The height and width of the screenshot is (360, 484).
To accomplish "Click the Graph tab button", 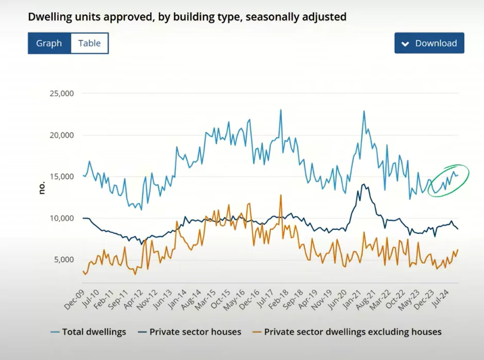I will (x=49, y=43).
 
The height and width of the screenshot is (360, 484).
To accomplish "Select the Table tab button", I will (x=89, y=43).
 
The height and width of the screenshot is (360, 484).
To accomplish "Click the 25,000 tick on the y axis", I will (x=62, y=94).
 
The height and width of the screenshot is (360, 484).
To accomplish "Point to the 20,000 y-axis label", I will (x=62, y=135).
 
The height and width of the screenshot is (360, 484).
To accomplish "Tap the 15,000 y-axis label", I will (x=62, y=177).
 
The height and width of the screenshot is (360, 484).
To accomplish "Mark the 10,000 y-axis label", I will (x=62, y=218).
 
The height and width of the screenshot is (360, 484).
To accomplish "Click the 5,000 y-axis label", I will (x=64, y=260).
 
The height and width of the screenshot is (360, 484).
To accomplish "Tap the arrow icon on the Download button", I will (x=405, y=44).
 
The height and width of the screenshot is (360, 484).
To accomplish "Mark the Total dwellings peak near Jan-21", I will (x=364, y=111).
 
